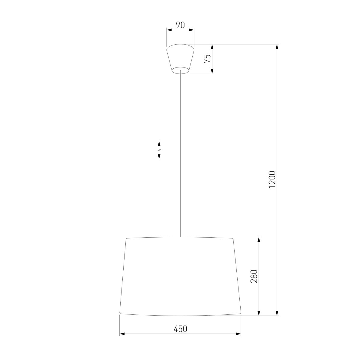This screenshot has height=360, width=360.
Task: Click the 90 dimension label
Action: (180, 25)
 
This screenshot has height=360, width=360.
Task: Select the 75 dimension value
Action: (207, 59)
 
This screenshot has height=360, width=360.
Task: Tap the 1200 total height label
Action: (272, 179)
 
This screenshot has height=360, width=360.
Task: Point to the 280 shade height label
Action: (254, 276)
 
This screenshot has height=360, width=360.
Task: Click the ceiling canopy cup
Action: (180, 59)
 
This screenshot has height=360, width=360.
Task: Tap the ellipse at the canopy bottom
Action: (180, 70)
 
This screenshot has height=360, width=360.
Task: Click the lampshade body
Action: (180, 277)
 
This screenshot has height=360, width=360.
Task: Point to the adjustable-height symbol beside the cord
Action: (159, 150)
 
